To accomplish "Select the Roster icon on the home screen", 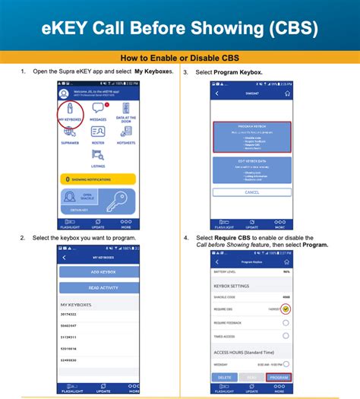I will [x=98, y=134].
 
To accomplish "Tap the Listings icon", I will [x=98, y=157].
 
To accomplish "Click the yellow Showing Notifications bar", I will [x=97, y=179].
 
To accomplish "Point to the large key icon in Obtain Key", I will [x=118, y=202].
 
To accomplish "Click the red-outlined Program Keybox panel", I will [x=251, y=138].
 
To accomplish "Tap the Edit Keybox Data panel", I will [x=251, y=171].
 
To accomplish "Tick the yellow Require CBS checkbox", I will [x=286, y=309].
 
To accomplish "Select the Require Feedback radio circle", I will [x=286, y=323].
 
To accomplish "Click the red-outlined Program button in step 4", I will [x=279, y=377].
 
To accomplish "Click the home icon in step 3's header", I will [x=286, y=93].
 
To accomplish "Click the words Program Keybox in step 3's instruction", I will [x=238, y=71].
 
